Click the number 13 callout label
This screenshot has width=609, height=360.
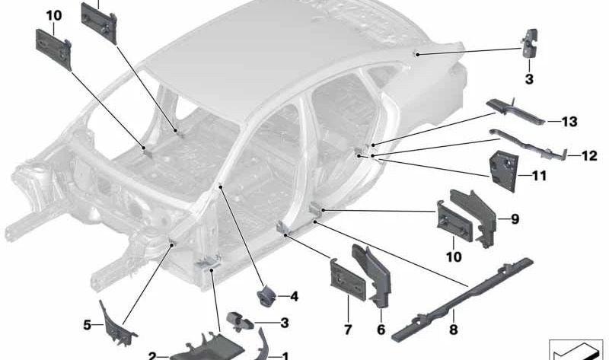pos(569,122)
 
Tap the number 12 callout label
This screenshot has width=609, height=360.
pos(588,156)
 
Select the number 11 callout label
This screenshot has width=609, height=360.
pos(539,176)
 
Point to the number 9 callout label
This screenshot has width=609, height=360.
pos(515,220)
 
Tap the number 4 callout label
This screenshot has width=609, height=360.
pos(294,296)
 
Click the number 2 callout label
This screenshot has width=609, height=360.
pos(152,355)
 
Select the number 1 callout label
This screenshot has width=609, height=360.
pos(285,355)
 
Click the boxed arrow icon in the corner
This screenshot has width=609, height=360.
pos(576,349)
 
